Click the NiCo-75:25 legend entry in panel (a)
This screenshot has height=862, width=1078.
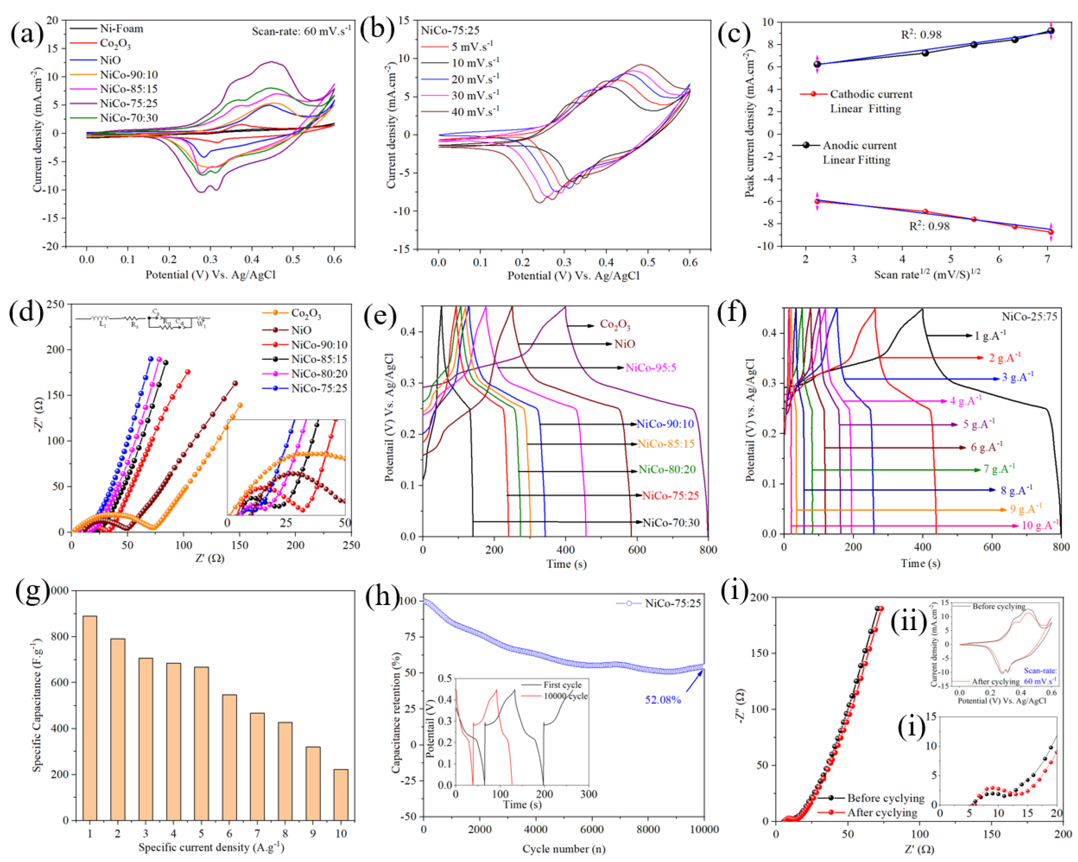[x=128, y=103]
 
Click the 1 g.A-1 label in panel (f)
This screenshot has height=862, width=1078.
[x=990, y=335]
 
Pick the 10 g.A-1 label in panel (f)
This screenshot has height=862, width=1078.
[x=1039, y=525]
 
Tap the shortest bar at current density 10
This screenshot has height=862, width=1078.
[x=341, y=795]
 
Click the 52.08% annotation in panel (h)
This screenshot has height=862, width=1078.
[x=662, y=699]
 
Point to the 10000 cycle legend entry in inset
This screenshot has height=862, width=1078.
[x=565, y=696]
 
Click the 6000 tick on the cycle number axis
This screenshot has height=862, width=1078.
[x=592, y=829]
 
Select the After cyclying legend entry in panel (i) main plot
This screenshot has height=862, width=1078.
[x=882, y=812]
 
